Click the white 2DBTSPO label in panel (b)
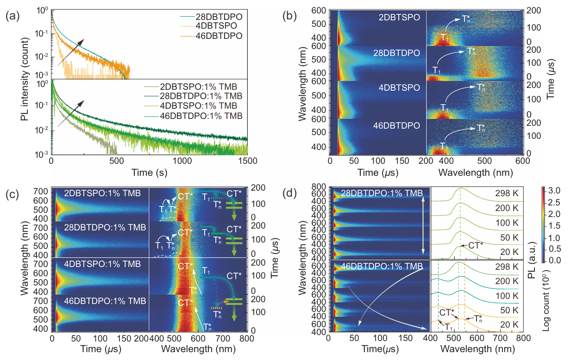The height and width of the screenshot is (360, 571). tap(400, 17)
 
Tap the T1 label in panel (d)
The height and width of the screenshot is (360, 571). tap(448, 327)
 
